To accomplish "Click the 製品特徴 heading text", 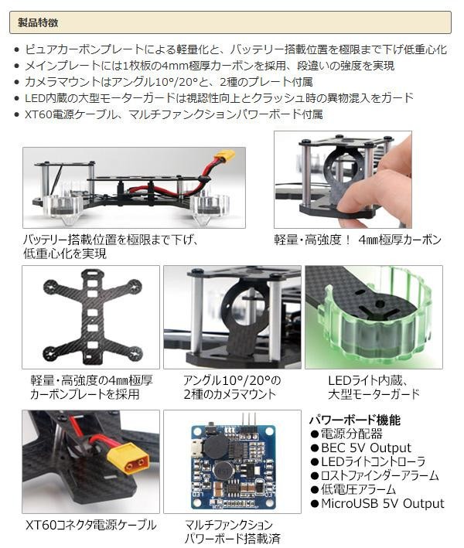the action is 38,23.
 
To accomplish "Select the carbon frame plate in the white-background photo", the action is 92,316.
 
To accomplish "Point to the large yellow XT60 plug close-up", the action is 128,458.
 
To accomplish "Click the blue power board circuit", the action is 234,467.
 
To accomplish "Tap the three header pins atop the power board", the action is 249,419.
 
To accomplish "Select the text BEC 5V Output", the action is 366,448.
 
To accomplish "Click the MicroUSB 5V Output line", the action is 382,504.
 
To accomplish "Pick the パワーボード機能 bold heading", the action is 355,420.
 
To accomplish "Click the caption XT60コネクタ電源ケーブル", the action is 91,525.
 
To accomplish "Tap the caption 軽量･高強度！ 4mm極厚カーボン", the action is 357,240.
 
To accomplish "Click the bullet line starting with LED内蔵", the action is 219,98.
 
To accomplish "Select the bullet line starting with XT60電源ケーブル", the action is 174,114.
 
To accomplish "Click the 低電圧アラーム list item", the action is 358,489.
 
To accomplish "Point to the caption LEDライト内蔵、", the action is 368,380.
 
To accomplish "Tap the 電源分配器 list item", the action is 351,434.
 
